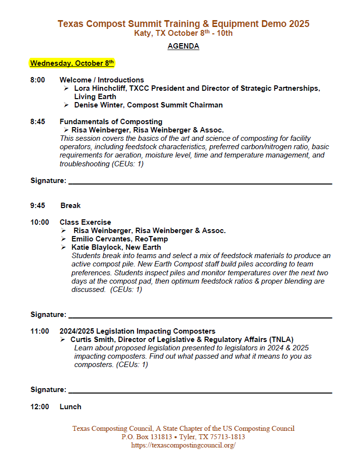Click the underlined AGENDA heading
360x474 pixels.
183,46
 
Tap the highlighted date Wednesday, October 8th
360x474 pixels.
72,63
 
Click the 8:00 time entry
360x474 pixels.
38,80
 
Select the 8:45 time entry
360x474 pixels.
38,122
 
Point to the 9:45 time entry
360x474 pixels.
38,206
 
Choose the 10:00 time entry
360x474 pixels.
40,222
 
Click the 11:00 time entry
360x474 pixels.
40,331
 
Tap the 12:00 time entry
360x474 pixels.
40,407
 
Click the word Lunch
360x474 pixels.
70,407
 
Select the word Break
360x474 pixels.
71,206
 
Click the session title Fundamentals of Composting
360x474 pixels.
111,122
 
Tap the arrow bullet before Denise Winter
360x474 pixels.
66,105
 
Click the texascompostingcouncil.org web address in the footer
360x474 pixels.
183,445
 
